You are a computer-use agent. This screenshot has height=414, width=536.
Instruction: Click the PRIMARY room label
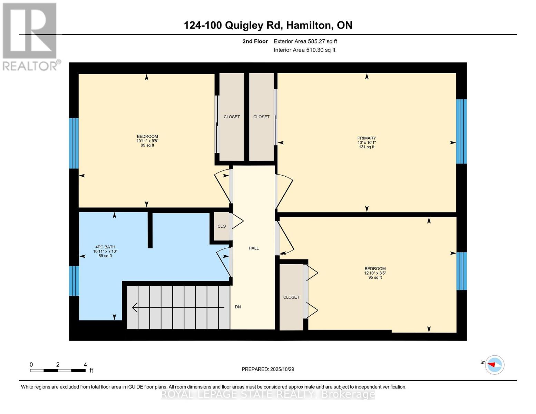point(367,138)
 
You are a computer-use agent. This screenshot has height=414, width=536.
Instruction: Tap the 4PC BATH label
point(105,247)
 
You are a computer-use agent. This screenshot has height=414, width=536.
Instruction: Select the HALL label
point(254,248)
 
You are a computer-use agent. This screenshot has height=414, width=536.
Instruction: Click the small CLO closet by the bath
point(222,226)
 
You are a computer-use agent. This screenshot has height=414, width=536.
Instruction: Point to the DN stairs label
point(238,307)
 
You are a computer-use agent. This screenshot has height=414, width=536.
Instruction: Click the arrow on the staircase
point(178,307)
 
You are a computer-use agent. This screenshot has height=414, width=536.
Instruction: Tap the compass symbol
point(495,364)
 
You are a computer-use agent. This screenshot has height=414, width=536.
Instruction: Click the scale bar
point(58,370)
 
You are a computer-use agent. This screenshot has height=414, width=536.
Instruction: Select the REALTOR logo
point(30,36)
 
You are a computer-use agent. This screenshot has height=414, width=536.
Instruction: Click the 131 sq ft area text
point(367,147)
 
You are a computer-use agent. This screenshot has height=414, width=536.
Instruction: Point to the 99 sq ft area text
point(147,145)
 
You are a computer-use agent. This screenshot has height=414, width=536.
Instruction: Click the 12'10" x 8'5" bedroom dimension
point(375,273)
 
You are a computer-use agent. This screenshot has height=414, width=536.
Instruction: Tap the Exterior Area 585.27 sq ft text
point(305,41)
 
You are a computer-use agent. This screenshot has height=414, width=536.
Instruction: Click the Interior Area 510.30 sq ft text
point(304,50)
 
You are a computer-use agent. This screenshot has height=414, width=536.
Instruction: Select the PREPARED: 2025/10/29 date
point(268,369)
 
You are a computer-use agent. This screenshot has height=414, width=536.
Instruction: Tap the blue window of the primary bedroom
point(461,131)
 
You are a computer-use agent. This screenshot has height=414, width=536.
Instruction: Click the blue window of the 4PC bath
point(74,281)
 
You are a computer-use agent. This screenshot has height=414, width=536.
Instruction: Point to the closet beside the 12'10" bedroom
point(291,297)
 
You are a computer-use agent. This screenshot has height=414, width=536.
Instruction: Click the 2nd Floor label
point(255,41)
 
